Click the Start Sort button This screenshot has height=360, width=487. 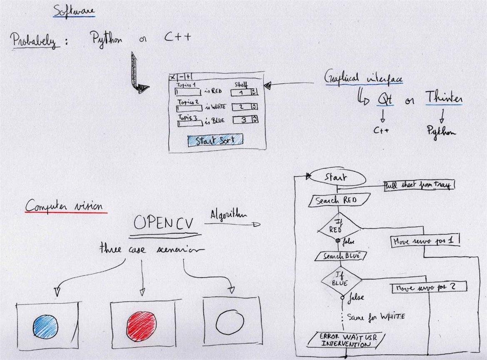click(215, 140)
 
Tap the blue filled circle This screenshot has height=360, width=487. click(45, 325)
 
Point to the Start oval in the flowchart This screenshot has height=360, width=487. click(339, 178)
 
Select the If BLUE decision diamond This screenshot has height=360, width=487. click(341, 279)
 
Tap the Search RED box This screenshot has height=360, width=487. click(334, 201)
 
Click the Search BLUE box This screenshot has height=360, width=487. click(338, 255)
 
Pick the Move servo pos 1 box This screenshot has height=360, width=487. click(426, 241)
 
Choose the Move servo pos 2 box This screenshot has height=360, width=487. click(429, 287)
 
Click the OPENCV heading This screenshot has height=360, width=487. click(164, 224)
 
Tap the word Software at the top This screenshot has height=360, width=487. click(74, 11)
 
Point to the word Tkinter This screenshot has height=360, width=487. click(444, 99)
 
